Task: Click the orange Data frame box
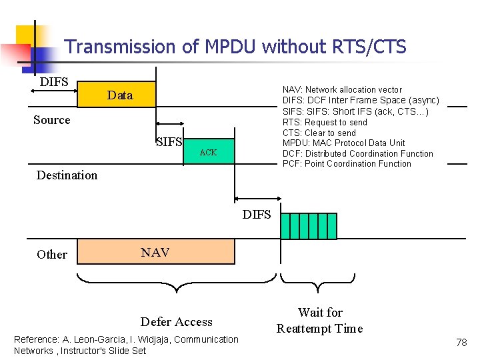(117, 95)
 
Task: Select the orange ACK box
(209, 153)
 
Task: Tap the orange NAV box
(156, 252)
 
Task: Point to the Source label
(52, 120)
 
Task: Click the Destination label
(67, 175)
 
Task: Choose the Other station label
(52, 254)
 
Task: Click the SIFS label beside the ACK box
(169, 141)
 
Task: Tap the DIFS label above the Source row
(54, 82)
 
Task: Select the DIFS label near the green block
(257, 214)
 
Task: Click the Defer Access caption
(177, 322)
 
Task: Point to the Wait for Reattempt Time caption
(320, 320)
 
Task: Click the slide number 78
(461, 342)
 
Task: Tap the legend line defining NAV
(342, 89)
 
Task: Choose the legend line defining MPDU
(343, 143)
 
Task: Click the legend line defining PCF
(347, 164)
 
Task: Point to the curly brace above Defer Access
(177, 283)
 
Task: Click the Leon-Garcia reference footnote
(126, 345)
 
